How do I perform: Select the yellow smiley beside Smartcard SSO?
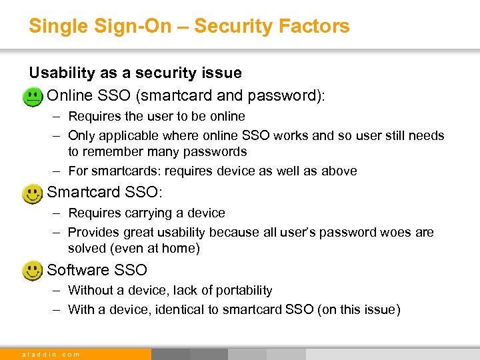31,195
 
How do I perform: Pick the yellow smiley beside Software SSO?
31,271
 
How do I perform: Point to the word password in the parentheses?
288,95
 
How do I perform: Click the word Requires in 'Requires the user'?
91,117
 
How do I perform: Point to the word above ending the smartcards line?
339,171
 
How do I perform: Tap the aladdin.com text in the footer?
51,355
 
